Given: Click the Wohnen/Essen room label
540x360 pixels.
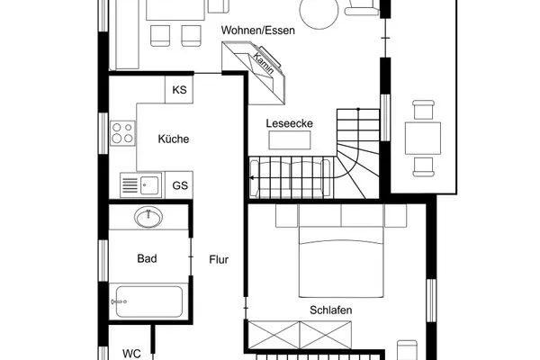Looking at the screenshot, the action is (258, 31).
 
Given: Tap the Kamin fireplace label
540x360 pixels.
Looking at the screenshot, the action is (264, 63).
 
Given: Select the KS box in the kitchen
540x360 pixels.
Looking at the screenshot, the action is (179, 90).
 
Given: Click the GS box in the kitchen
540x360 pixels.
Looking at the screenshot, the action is (179, 185).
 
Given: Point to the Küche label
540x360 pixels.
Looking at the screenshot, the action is (174, 139).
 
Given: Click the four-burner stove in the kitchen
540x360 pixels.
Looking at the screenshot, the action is (122, 133).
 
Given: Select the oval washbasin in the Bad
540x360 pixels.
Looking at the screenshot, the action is (148, 218).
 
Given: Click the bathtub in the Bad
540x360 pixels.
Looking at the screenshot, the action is (148, 301).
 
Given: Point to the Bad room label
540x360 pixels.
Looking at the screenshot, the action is (147, 258).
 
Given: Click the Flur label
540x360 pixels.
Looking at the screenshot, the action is (219, 259).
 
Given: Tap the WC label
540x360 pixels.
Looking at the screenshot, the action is (131, 354).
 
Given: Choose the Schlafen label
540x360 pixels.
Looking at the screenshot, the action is (331, 310).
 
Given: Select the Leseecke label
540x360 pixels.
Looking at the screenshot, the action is (289, 123).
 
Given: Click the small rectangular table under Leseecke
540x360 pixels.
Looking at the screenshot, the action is (290, 140).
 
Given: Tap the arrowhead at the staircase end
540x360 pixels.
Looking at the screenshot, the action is (252, 178).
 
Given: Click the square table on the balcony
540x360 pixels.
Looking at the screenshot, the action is (423, 138).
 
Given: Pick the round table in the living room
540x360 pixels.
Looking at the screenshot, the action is (319, 11).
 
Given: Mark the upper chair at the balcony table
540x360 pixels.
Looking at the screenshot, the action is (423, 110).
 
